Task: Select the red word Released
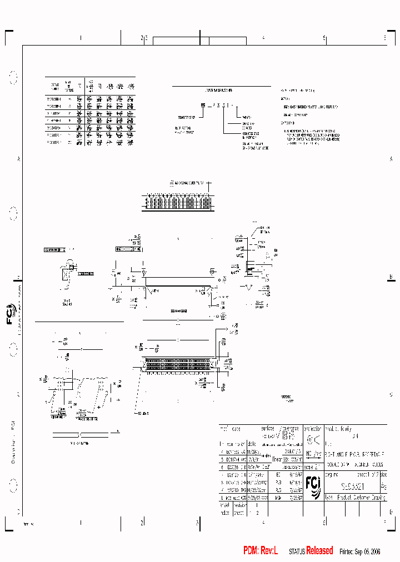(319, 550)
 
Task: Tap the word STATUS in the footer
(297, 551)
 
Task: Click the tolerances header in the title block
(289, 429)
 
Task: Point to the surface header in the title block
(267, 429)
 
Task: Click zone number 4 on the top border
(263, 38)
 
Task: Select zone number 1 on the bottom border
(81, 523)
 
